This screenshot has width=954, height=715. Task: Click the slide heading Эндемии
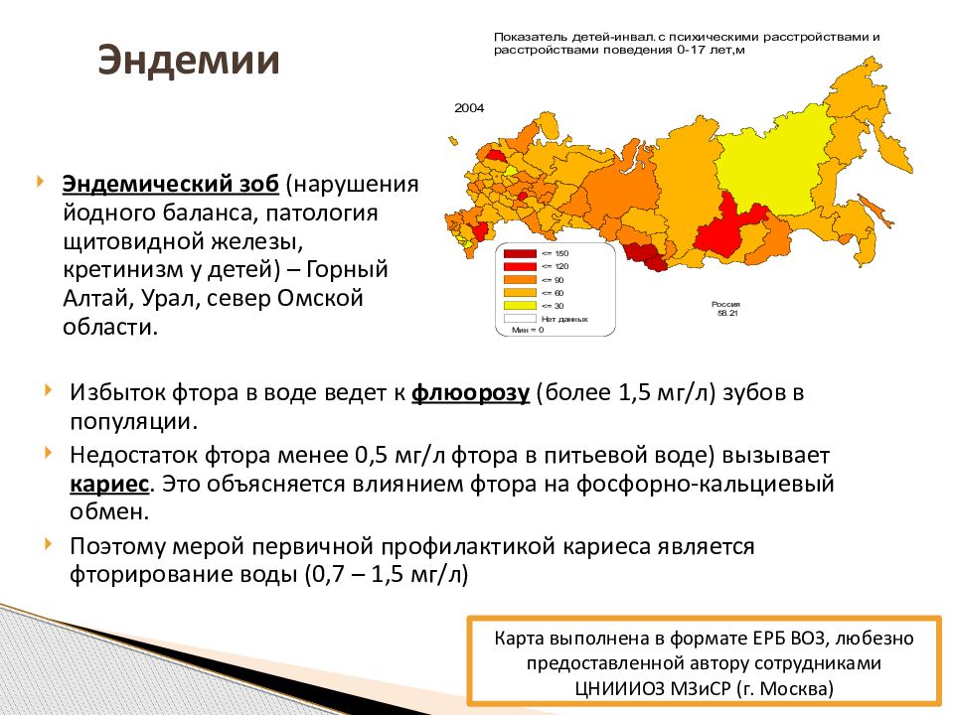point(188,61)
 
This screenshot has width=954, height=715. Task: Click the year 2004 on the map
point(469,108)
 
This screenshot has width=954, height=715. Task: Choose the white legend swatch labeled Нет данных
point(518,319)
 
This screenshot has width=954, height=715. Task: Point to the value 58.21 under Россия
point(723,314)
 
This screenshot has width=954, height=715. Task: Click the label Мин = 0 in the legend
point(528,330)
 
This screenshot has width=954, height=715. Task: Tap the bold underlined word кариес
point(109,484)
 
